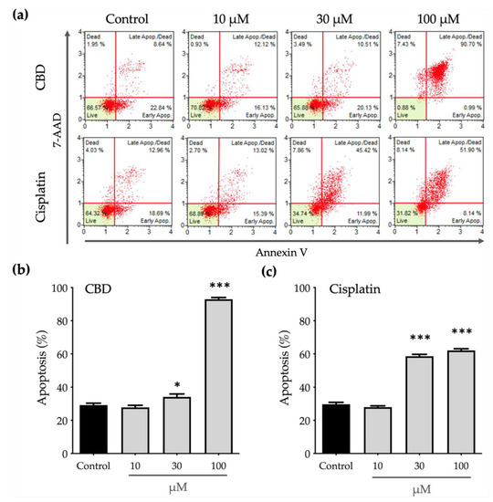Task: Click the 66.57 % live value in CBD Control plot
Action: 92,107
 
